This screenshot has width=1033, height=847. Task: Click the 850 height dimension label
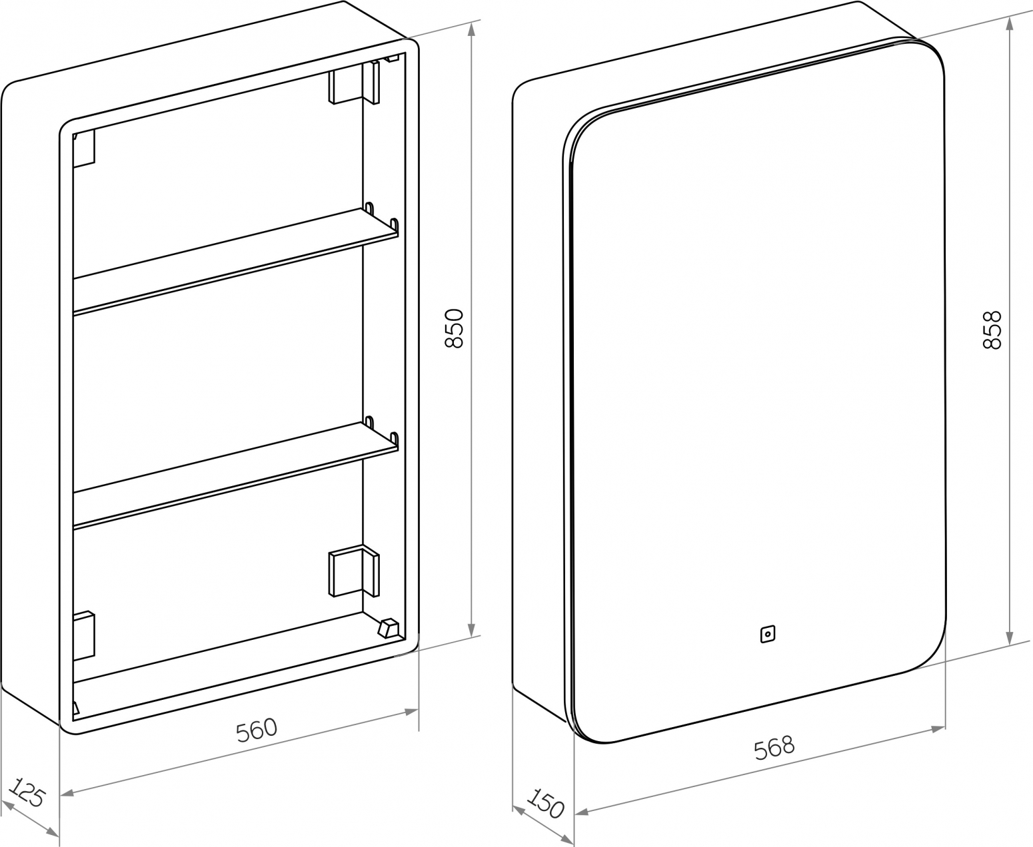454,328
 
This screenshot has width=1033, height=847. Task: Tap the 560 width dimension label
257,730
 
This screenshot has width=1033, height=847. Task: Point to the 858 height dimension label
992,330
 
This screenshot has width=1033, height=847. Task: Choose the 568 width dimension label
774,748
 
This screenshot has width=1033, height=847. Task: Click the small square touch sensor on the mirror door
768,634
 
